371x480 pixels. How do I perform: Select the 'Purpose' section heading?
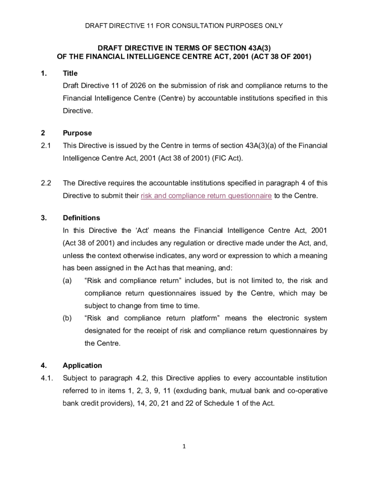[77, 133]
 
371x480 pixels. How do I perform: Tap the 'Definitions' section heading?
[81, 218]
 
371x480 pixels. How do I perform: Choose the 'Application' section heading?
[82, 365]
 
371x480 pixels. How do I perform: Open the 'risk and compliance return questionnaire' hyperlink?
[206, 196]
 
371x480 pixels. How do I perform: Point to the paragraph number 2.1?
[45, 145]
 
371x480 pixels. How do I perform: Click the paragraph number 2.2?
[45, 184]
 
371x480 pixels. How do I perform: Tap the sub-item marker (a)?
[68, 281]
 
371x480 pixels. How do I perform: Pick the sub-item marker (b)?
[68, 318]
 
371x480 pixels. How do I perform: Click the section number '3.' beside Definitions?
[44, 218]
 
